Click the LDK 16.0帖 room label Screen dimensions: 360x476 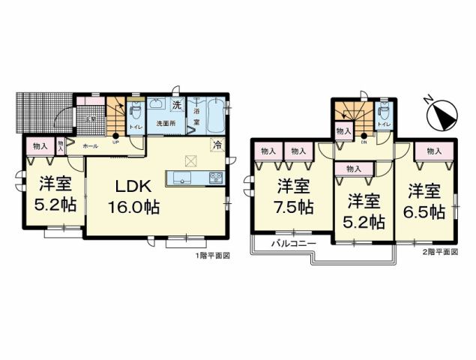pyautogui.click(x=136, y=197)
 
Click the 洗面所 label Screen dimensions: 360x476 pyautogui.click(x=165, y=123)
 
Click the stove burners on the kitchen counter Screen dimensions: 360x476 pyautogui.click(x=215, y=178)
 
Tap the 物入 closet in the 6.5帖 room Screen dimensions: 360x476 pyautogui.click(x=434, y=151)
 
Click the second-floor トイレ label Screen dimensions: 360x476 pyautogui.click(x=384, y=122)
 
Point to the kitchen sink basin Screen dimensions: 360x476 pyautogui.click(x=181, y=178)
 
